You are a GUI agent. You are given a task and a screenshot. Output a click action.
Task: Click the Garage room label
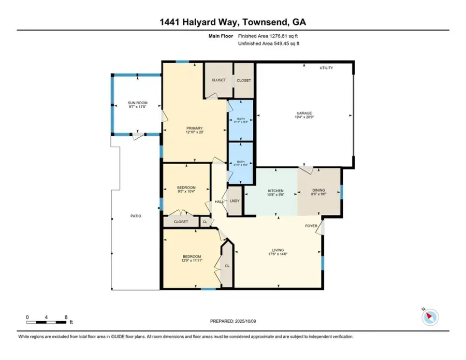click(304, 113)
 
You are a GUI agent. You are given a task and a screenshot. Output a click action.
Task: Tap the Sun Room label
click(137, 103)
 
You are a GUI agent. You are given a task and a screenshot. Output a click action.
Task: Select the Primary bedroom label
click(194, 128)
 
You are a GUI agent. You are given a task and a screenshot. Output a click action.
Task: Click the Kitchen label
click(275, 191)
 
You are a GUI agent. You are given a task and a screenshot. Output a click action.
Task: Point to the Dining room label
click(318, 190)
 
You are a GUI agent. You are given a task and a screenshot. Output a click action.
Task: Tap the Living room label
click(278, 250)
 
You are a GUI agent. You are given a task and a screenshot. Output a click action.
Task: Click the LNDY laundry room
click(235, 200)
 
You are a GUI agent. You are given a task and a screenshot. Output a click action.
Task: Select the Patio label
click(136, 216)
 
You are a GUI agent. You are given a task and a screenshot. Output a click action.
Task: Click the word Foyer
click(311, 226)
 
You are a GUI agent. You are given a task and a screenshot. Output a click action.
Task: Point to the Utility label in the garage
click(326, 68)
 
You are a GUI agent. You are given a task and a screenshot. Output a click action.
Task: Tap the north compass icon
click(430, 317)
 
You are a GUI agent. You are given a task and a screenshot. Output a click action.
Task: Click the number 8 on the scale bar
click(66, 317)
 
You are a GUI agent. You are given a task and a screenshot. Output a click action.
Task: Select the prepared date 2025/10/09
click(245, 321)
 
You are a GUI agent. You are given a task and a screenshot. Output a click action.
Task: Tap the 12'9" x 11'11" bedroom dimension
click(192, 261)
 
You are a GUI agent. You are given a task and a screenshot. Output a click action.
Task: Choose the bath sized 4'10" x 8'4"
click(241, 164)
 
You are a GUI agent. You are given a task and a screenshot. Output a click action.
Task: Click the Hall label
click(220, 202)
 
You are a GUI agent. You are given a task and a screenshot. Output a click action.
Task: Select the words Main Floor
click(221, 36)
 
